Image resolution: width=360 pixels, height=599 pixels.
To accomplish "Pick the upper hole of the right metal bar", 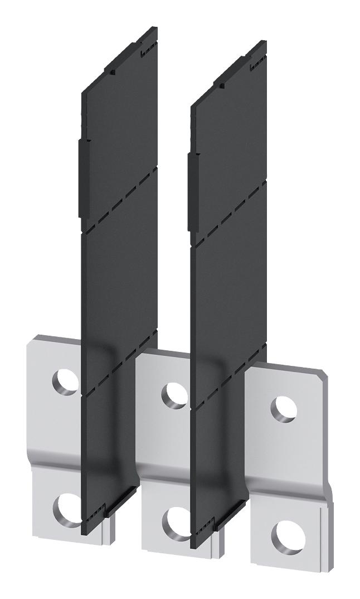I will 283,408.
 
